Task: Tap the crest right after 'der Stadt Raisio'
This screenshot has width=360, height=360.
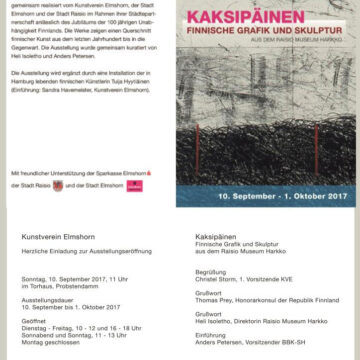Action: pyautogui.click(x=67, y=185)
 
